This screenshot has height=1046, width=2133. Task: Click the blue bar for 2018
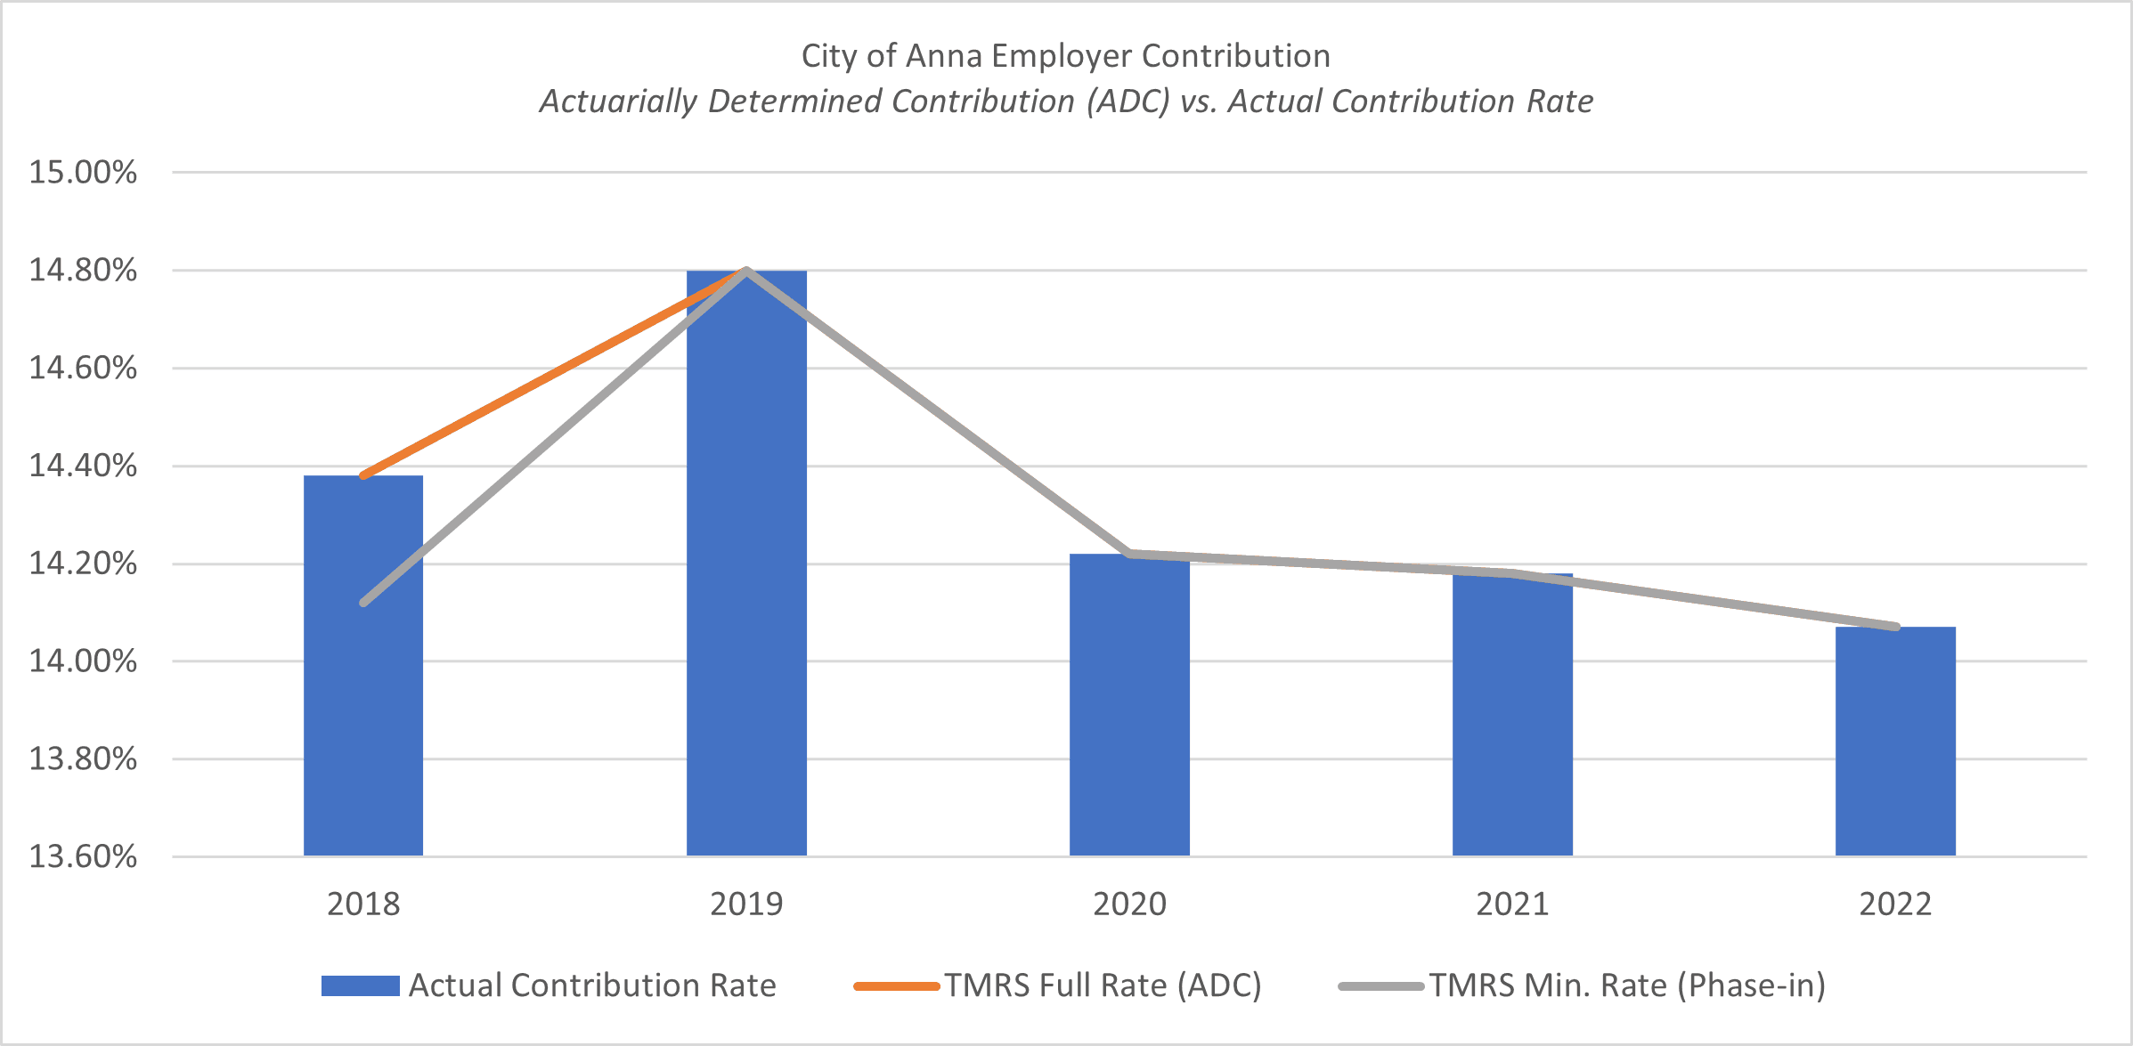[x=363, y=668]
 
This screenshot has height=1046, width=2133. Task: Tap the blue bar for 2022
[x=1895, y=743]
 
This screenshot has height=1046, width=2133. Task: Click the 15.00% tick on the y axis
[x=83, y=172]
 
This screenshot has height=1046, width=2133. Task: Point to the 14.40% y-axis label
[x=83, y=466]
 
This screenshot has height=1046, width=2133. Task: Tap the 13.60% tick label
[x=83, y=856]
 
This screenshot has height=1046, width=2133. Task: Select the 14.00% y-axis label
[x=83, y=661]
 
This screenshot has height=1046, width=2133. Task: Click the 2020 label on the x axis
[x=1129, y=904]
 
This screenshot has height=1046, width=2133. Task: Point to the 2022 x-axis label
[x=1895, y=904]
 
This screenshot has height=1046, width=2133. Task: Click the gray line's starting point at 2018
[x=363, y=604]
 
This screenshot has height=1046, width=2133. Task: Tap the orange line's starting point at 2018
[x=363, y=476]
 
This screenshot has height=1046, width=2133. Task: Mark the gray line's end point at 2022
[x=1896, y=627]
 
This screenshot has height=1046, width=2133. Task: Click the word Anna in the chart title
[x=944, y=56]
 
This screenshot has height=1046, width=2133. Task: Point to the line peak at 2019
[x=746, y=269]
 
